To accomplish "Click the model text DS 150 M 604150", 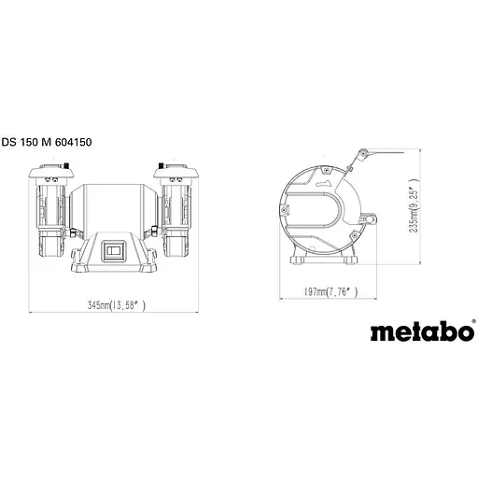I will [x=52, y=142].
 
